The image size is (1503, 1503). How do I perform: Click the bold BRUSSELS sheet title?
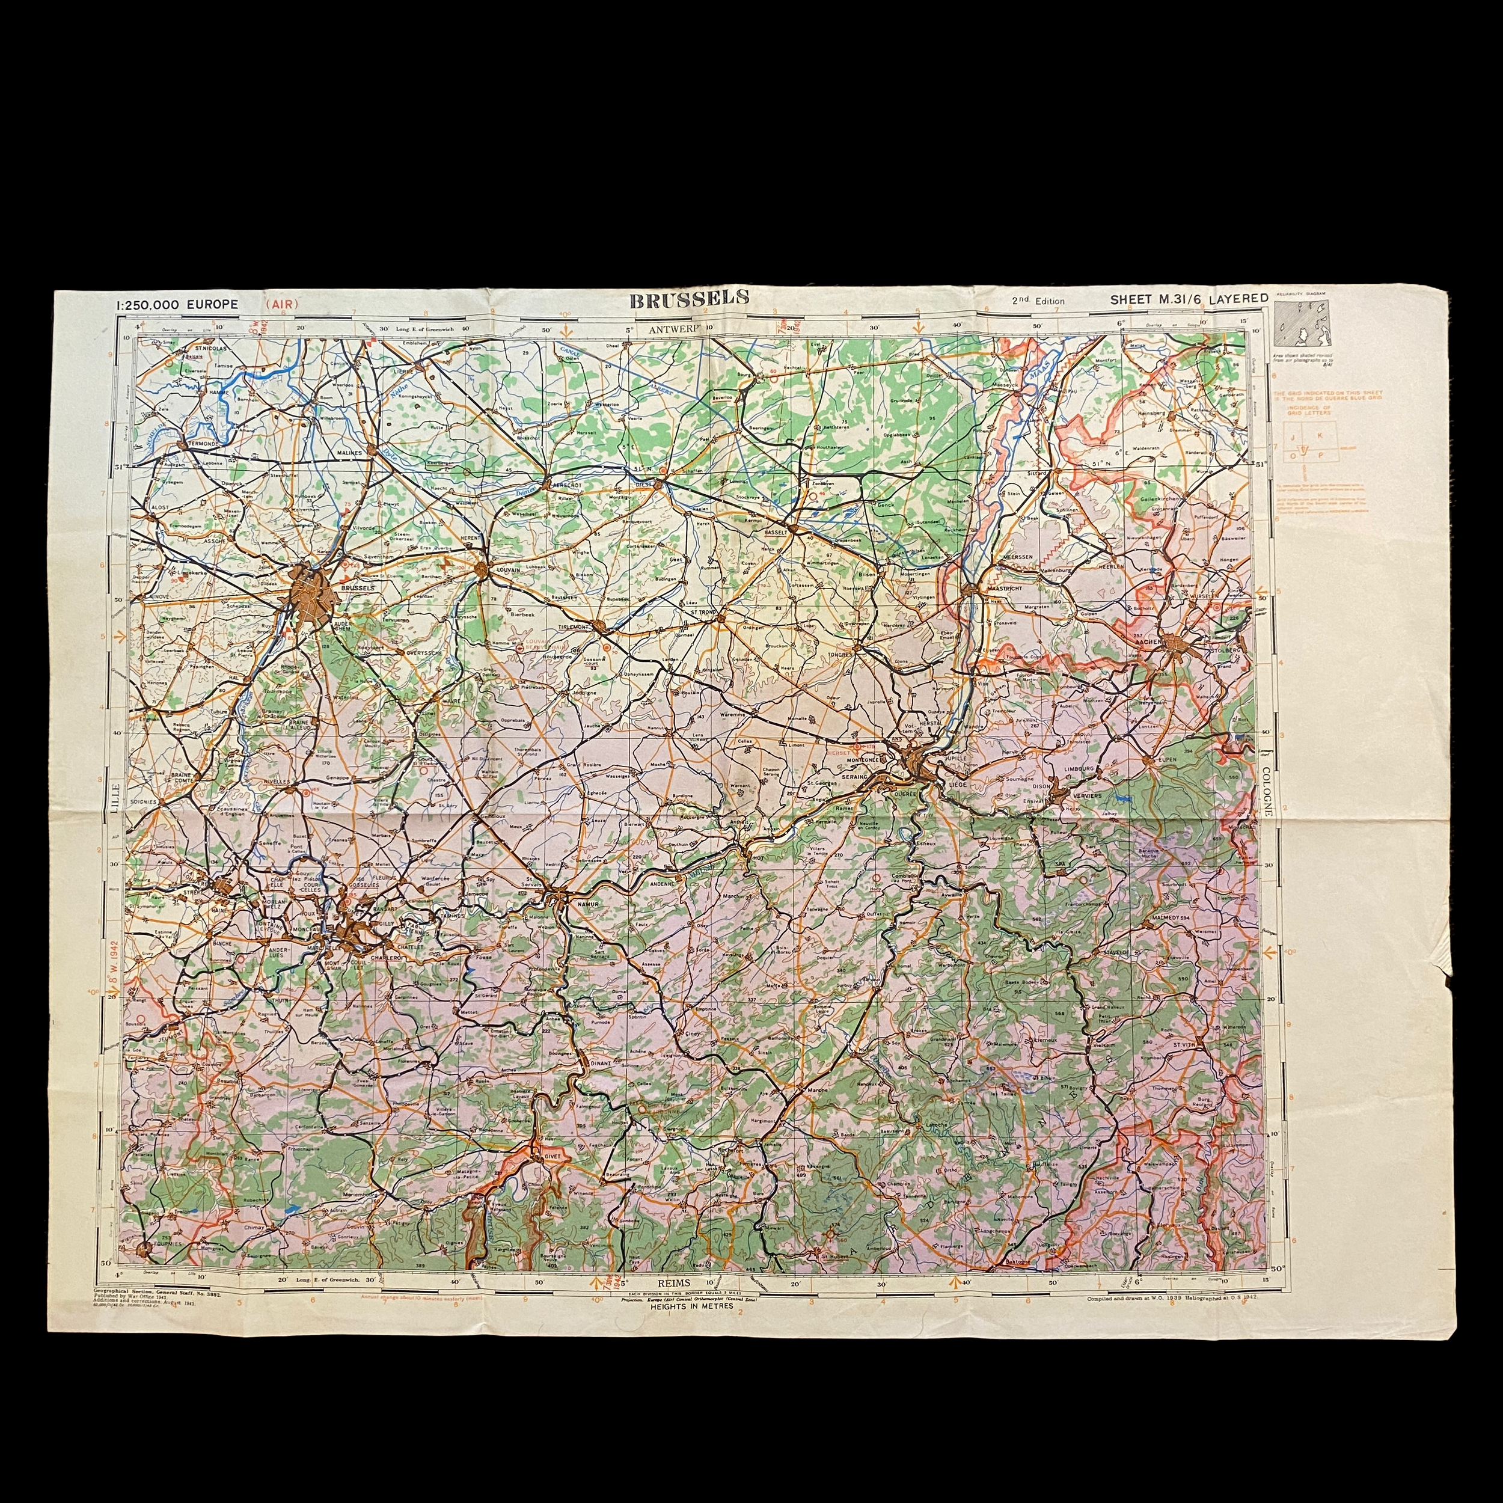click(x=689, y=298)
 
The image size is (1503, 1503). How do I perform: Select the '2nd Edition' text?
click(x=1038, y=301)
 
